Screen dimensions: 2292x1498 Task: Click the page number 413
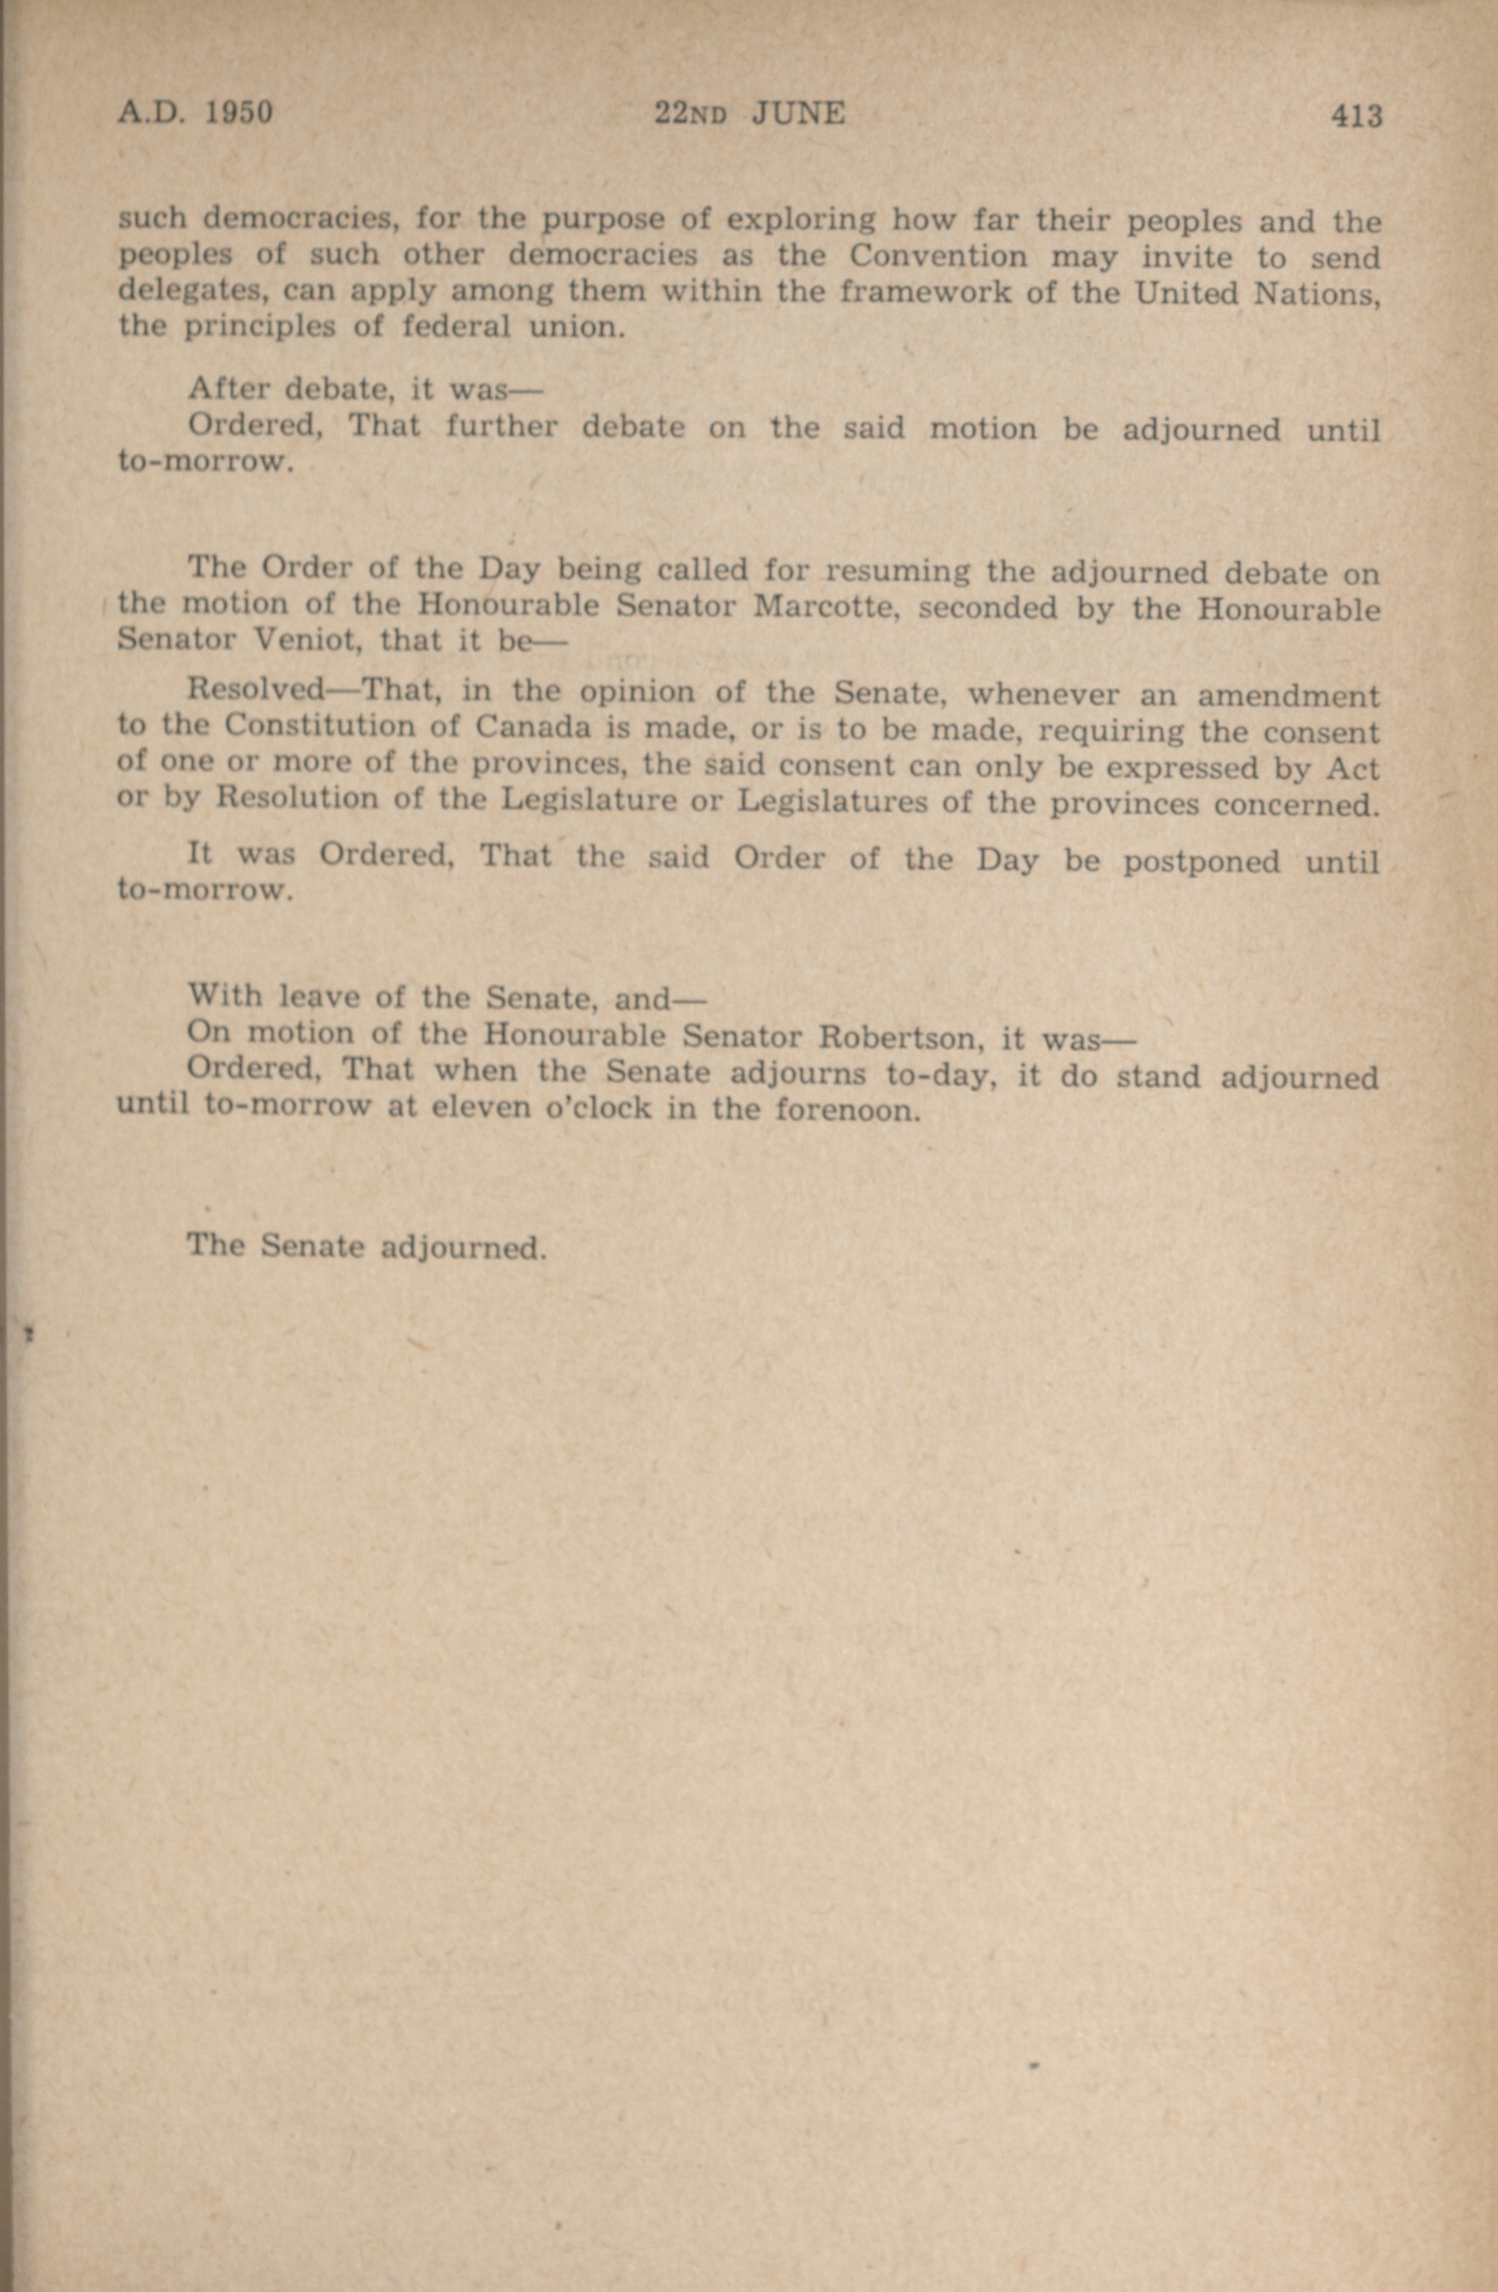(x=1357, y=117)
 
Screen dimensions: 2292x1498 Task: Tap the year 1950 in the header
(x=239, y=112)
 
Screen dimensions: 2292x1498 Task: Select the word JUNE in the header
(x=798, y=115)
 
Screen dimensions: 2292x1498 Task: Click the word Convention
(x=938, y=257)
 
